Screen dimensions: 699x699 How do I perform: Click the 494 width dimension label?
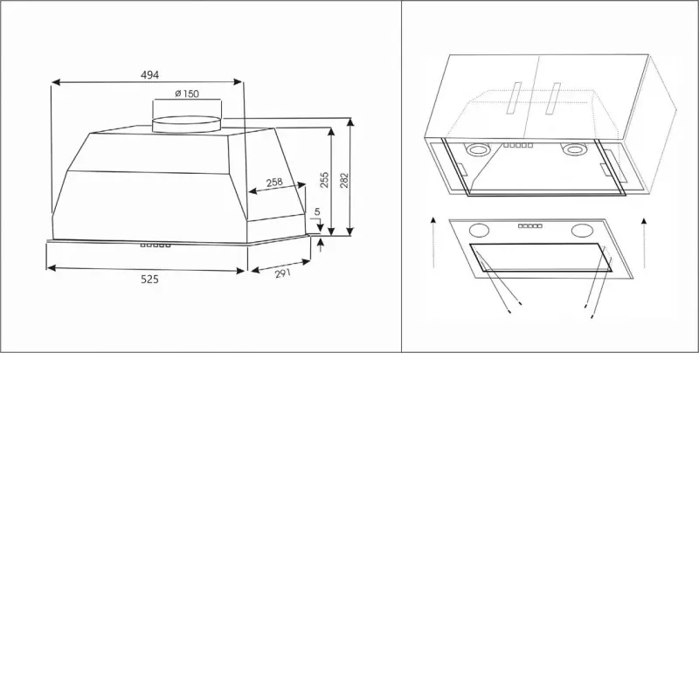[x=149, y=75]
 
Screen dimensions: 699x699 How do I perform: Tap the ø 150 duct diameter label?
[x=187, y=93]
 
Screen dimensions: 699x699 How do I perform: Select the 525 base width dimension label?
[x=149, y=279]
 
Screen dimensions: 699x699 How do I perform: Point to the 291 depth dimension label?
[x=282, y=273]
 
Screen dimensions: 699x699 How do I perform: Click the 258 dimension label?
[x=274, y=182]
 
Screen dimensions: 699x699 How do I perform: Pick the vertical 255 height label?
[x=324, y=180]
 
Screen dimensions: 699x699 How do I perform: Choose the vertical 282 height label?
[x=344, y=180]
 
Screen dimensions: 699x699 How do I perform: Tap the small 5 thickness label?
[x=317, y=211]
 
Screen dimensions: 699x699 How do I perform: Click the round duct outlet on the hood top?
[x=186, y=124]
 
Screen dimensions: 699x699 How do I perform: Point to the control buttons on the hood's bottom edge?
[x=156, y=246]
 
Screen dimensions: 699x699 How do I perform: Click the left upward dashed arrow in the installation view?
[x=433, y=242]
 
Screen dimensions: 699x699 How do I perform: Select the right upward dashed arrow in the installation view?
[x=644, y=242]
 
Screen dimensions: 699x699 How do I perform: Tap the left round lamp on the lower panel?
[x=479, y=231]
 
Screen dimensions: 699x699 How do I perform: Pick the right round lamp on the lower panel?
[x=582, y=231]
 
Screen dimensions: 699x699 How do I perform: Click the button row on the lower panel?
[x=530, y=226]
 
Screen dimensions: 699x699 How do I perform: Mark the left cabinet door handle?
[x=514, y=98]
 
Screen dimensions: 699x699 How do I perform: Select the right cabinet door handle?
[x=553, y=98]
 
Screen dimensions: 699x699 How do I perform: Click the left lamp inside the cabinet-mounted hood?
[x=477, y=149]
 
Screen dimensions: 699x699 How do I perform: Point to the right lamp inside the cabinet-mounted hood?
[x=574, y=149]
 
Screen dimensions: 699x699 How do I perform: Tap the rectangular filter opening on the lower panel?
[x=541, y=258]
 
